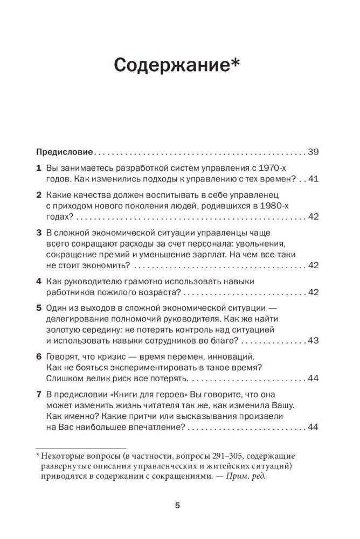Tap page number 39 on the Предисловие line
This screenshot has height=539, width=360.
[314, 151]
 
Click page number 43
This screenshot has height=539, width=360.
[314, 341]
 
